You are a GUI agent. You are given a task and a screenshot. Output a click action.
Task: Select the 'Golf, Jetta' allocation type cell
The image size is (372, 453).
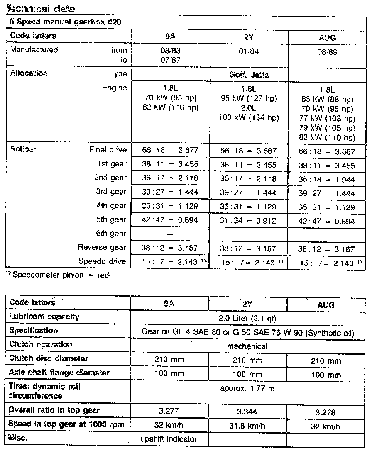tap(249, 75)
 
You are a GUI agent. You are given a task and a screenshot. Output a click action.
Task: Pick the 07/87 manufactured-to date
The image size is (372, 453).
tap(170, 61)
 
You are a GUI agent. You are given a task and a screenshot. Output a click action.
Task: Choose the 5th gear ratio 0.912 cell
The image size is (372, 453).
tap(248, 221)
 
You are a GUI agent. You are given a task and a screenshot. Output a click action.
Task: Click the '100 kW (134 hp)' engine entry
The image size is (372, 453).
tap(249, 118)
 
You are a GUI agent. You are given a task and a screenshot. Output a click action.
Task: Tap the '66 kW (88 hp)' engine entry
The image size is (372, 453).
tap(327, 100)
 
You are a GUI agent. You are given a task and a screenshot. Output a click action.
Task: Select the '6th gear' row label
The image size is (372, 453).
tap(112, 234)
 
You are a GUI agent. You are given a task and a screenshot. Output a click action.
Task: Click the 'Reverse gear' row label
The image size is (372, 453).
tap(102, 248)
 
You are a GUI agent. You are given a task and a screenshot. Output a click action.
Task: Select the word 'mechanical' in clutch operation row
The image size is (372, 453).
tap(247, 346)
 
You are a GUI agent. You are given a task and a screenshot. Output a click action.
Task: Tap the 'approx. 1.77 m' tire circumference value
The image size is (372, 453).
tap(247, 389)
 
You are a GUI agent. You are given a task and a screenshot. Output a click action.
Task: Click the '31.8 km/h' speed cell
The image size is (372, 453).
tap(247, 426)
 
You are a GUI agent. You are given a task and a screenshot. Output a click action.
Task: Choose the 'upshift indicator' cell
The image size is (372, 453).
tap(170, 439)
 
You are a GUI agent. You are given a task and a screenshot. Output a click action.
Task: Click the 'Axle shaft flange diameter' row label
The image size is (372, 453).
tap(59, 373)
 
